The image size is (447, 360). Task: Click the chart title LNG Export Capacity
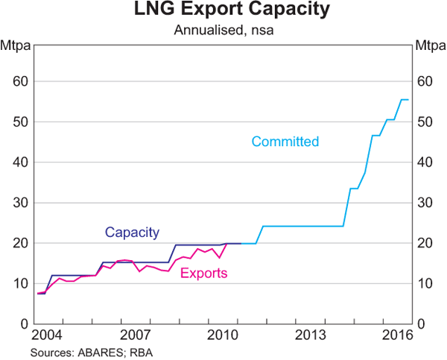point(223,11)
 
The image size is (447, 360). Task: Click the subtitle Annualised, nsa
point(223,30)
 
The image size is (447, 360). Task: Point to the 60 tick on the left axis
point(20,81)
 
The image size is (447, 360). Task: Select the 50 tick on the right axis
point(426,121)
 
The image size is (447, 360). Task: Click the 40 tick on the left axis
point(20,162)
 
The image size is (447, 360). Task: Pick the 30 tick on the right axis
point(426,203)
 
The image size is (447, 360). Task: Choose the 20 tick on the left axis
point(20,243)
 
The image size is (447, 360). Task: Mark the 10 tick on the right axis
point(426,283)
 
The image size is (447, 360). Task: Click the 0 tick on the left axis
point(24,324)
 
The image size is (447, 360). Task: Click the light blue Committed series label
point(285,142)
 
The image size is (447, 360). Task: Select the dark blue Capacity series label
point(132,232)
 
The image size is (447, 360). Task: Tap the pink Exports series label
point(203,274)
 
